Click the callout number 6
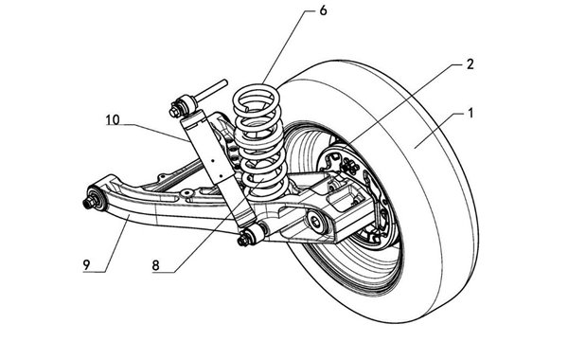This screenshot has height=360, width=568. click(323, 10)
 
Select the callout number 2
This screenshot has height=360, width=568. click(470, 64)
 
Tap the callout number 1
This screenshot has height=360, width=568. click(470, 114)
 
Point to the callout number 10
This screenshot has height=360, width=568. click(113, 119)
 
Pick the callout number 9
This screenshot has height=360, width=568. click(86, 265)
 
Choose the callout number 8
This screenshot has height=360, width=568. click(156, 266)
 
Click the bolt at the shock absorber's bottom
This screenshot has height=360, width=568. click(243, 240)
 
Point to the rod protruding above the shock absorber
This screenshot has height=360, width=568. click(212, 90)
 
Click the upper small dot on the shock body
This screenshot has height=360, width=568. click(213, 160)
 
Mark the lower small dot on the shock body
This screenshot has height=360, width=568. click(221, 176)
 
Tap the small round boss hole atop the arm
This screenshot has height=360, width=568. click(187, 192)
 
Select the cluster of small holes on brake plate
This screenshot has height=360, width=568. click(349, 166)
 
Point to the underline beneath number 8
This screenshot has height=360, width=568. click(163, 272)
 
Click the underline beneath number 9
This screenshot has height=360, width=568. click(94, 272)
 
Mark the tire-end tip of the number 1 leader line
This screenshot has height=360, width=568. click(416, 149)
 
